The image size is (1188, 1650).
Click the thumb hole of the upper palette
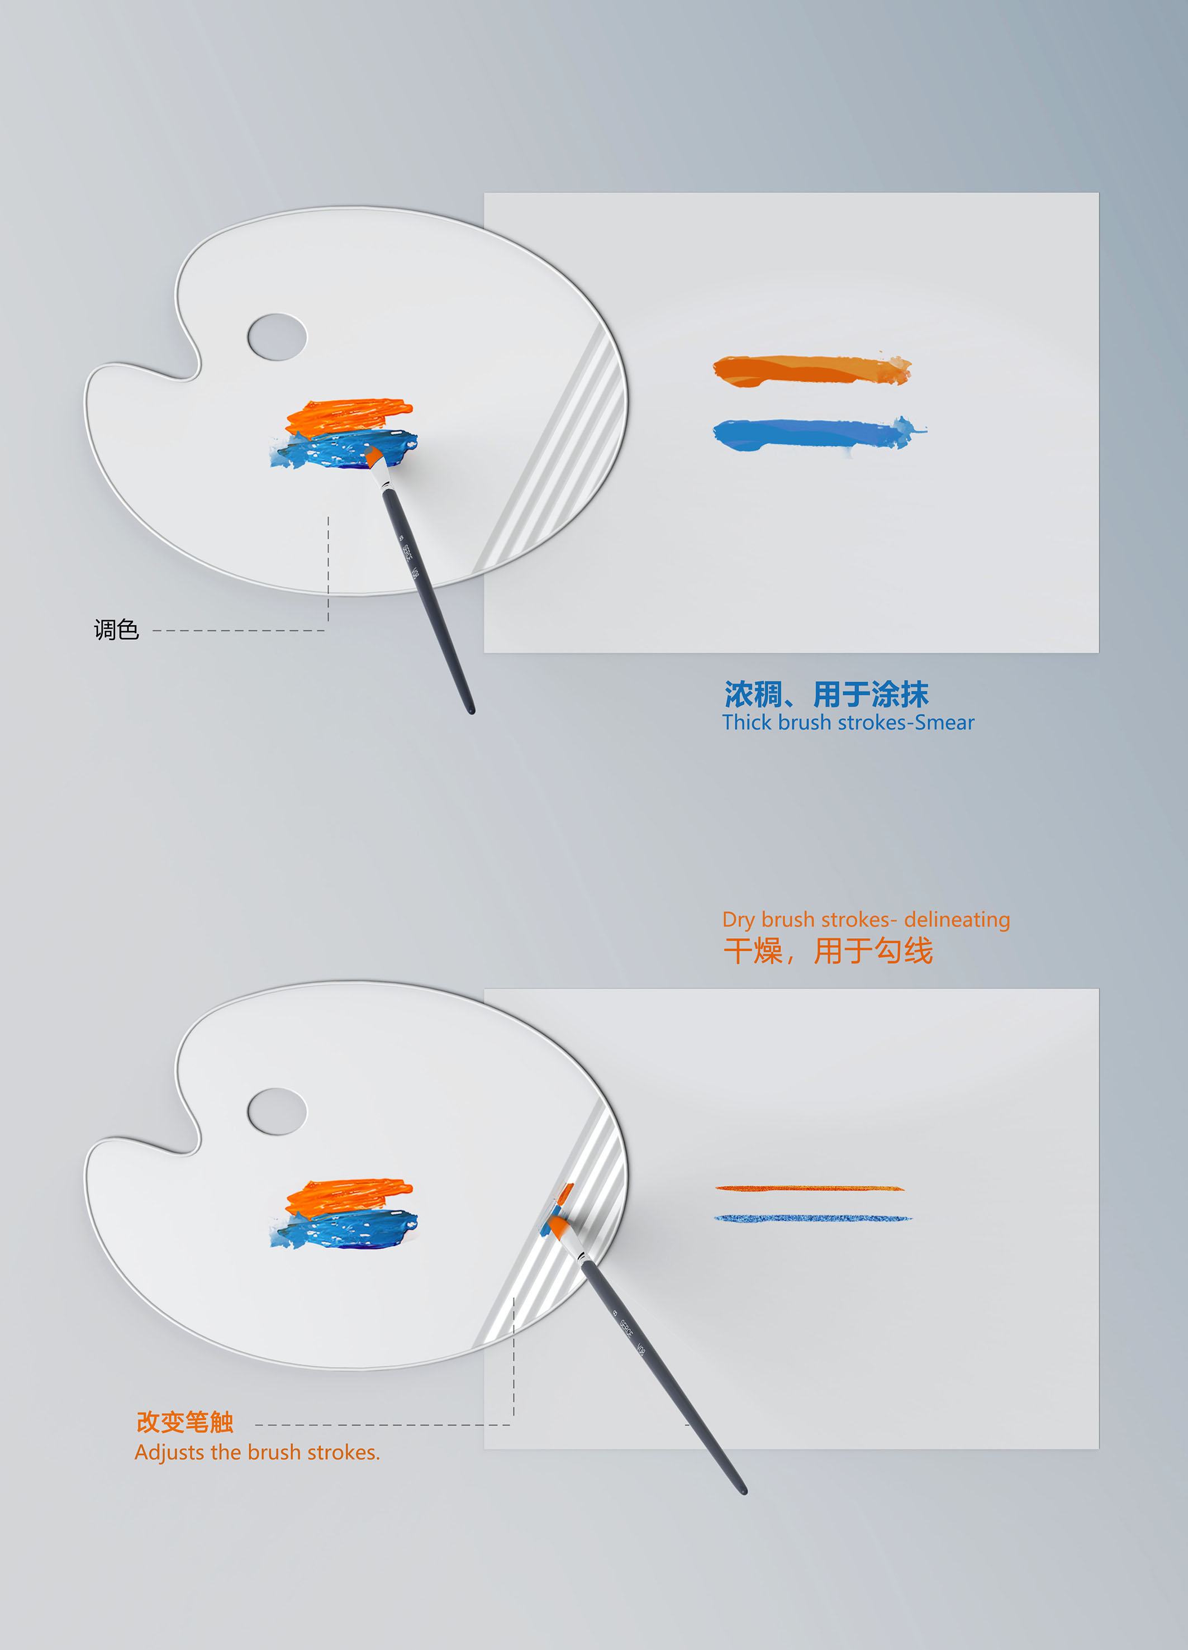coord(277,337)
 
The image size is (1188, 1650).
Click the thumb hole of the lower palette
coord(277,1111)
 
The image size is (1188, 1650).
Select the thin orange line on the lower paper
coord(809,1188)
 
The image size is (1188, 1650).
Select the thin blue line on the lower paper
coord(812,1218)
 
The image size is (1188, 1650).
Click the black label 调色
coord(116,629)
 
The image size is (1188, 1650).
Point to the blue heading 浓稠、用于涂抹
coord(826,694)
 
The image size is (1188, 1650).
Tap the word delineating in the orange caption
coord(957,920)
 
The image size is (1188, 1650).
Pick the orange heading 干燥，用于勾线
coord(828,951)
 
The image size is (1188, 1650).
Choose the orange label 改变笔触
coord(185,1421)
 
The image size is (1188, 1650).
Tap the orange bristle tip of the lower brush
coord(557,1229)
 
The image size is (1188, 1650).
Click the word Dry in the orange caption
coord(738,920)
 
